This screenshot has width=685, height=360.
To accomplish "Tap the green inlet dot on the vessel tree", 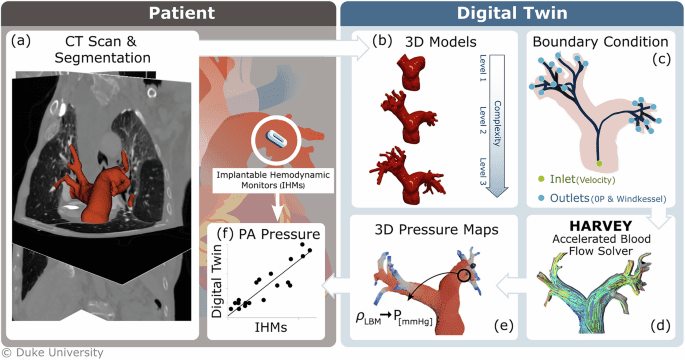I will (x=599, y=161).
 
